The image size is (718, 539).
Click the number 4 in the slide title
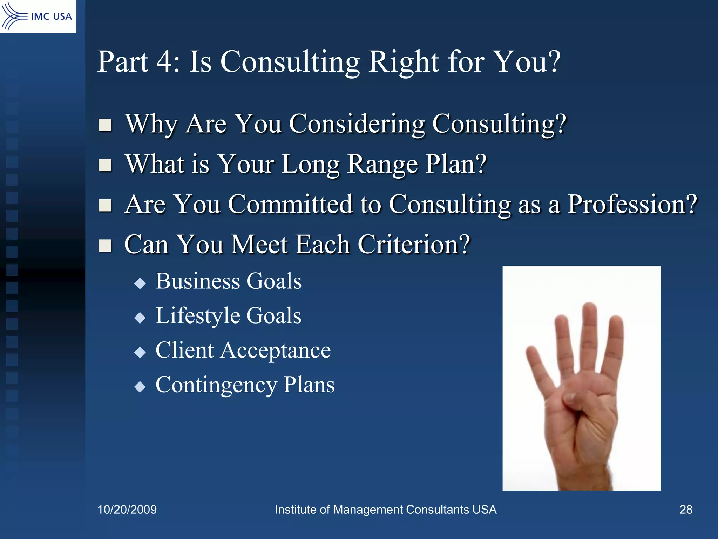[164, 62]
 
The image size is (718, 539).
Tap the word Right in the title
[404, 62]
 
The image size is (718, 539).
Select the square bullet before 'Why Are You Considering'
[105, 125]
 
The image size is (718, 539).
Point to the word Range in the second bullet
[382, 164]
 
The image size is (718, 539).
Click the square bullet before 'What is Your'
[105, 165]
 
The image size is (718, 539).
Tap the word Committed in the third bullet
[290, 204]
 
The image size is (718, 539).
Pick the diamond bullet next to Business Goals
[140, 283]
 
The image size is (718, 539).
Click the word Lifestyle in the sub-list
[197, 316]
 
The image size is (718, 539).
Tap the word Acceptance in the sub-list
[275, 350]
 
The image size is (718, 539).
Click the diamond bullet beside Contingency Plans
[140, 387]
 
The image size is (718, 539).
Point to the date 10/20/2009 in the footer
[127, 510]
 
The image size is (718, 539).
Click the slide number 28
[686, 510]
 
